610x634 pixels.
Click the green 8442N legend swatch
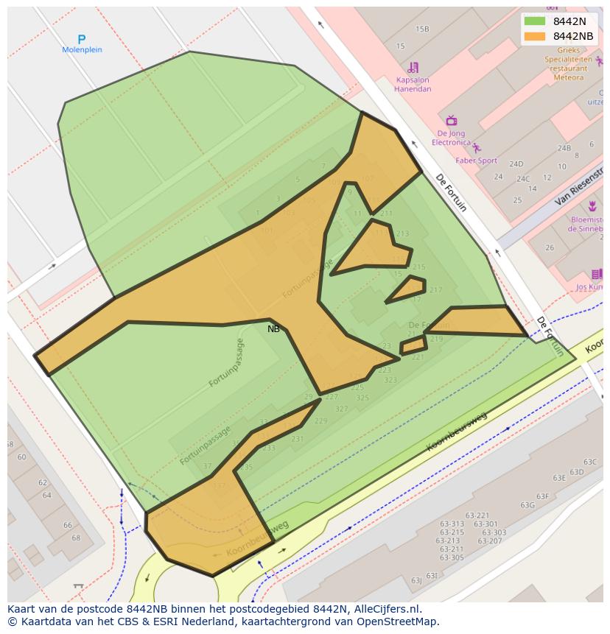[535, 21]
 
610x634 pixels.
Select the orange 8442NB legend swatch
[535, 36]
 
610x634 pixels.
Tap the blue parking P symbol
[82, 39]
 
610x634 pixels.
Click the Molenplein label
[83, 50]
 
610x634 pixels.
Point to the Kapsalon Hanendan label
[413, 85]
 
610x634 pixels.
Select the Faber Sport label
[476, 161]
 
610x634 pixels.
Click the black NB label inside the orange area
[273, 329]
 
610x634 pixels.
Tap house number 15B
[422, 29]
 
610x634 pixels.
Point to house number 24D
[516, 164]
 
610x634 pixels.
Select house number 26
[550, 248]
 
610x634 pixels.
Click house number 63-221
[477, 515]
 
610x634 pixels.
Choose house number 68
[76, 538]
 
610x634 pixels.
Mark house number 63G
[527, 505]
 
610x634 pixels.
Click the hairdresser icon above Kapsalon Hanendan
[413, 68]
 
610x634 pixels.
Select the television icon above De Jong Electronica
[451, 121]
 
